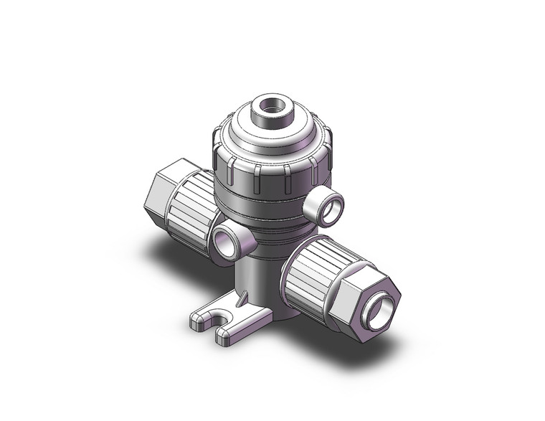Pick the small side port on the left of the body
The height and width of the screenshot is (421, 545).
[229, 242]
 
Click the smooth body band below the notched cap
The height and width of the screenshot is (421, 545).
[269, 208]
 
